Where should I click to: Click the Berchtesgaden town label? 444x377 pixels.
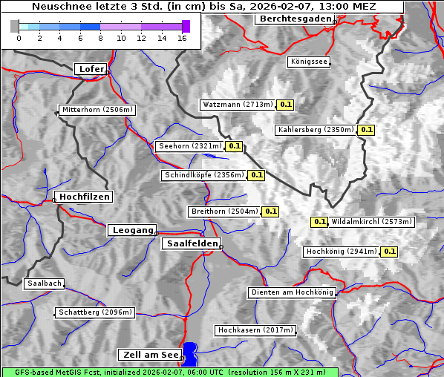pos(294,19)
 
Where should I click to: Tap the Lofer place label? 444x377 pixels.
pos(91,69)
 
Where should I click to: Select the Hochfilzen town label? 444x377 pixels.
pos(84,197)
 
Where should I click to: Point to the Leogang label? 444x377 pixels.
pos(133,230)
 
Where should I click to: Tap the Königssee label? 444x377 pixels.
pos(309,62)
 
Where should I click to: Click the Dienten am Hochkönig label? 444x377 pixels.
pos(292,292)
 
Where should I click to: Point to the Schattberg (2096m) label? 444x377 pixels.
pos(95,312)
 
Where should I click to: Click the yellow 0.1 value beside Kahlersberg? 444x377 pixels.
pos(366,130)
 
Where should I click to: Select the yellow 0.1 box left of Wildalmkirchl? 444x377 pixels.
pos(319,221)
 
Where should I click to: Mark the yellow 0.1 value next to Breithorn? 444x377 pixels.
pos(270,212)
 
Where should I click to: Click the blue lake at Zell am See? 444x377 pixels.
pos(190,353)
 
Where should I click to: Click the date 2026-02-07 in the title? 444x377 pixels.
pos(284,7)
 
